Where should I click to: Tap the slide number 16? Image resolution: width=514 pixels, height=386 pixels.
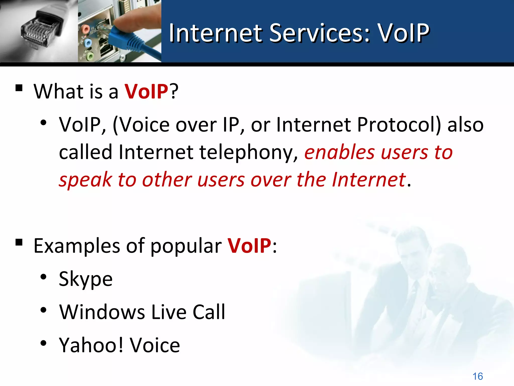coord(478,376)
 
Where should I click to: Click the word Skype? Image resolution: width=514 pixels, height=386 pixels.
coord(86,279)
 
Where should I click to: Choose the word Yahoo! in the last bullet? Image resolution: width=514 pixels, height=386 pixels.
coord(91,345)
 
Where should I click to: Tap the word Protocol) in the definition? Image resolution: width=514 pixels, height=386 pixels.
coord(399,125)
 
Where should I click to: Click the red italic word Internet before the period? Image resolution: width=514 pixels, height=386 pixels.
coord(368,180)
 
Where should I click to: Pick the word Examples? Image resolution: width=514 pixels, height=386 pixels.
coord(77,246)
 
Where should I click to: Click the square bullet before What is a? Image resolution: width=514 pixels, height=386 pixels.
coord(19,88)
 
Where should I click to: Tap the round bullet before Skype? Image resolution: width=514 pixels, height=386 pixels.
coord(43,277)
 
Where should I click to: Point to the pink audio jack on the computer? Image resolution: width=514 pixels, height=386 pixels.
coord(85,29)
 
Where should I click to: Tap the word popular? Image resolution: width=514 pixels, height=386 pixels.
coord(186,246)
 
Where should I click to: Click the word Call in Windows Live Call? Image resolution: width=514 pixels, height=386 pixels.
coord(209,312)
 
